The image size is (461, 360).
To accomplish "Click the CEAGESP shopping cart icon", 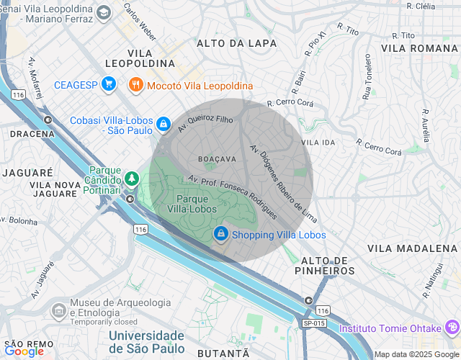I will (109, 85).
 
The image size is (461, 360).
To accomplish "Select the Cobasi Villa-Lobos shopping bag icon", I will (164, 124).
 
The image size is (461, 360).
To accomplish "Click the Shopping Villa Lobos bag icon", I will (220, 234).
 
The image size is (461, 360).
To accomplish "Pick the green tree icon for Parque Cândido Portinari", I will (131, 177).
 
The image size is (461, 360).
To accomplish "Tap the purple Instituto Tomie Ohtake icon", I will (452, 328).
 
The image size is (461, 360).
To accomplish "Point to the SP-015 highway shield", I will (314, 324).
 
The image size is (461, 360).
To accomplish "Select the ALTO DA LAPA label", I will (237, 43).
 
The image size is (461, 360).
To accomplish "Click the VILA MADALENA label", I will (412, 248).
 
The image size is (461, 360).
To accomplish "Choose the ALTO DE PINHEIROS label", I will (325, 265).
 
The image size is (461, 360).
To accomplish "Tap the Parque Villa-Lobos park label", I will (197, 205).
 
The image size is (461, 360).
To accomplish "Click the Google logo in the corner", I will (24, 351).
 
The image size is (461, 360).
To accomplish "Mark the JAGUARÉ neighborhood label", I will (28, 173).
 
